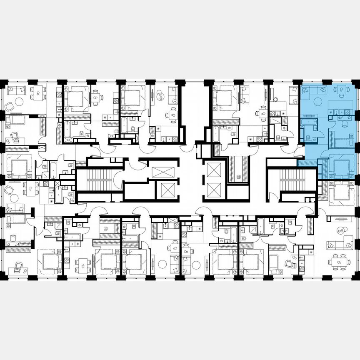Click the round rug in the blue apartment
[318, 102]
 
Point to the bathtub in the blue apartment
[309, 122]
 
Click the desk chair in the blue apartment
[344, 123]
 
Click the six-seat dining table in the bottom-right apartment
[339, 262]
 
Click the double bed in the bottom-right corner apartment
[342, 193]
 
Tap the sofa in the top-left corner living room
[16, 90]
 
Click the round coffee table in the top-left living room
[20, 102]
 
